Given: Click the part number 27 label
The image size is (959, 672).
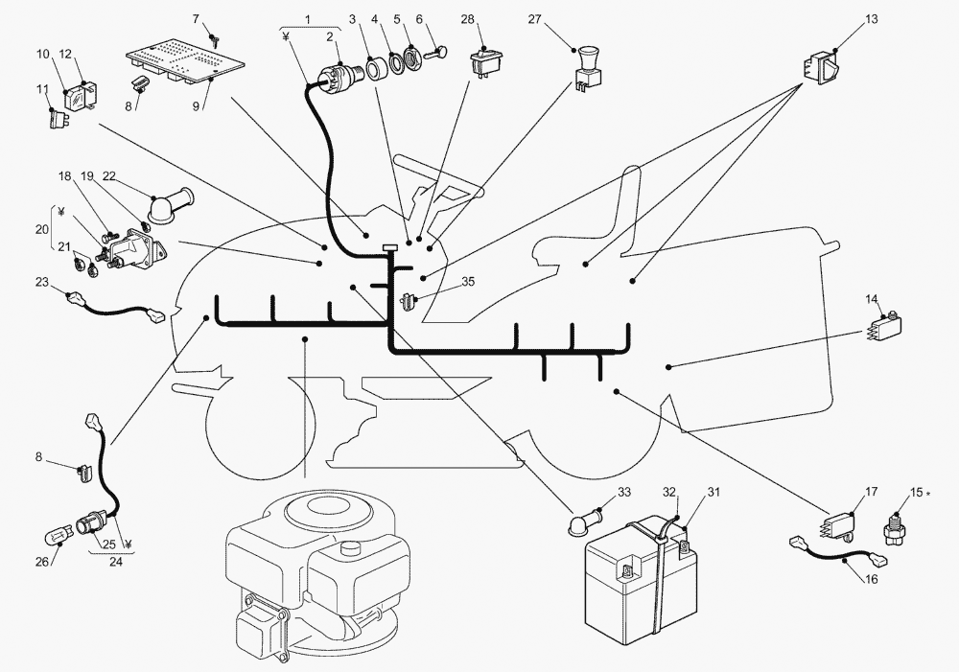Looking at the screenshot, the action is coord(534,19).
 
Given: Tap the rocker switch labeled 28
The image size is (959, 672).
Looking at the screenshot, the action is coord(486,63).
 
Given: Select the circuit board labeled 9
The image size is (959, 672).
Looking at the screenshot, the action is coord(186,62).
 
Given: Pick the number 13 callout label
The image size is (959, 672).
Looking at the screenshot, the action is coord(871,19).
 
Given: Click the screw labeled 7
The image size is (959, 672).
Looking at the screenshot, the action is coord(214,41).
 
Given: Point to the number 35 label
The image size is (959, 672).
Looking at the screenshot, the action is coord(468,281).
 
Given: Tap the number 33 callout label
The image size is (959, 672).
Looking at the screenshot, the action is coord(624,492).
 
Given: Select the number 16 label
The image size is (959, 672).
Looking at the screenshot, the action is coord(871,578).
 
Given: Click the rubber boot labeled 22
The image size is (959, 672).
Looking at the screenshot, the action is coord(172,206).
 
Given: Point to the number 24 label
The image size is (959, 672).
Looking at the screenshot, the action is coord(115,561).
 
